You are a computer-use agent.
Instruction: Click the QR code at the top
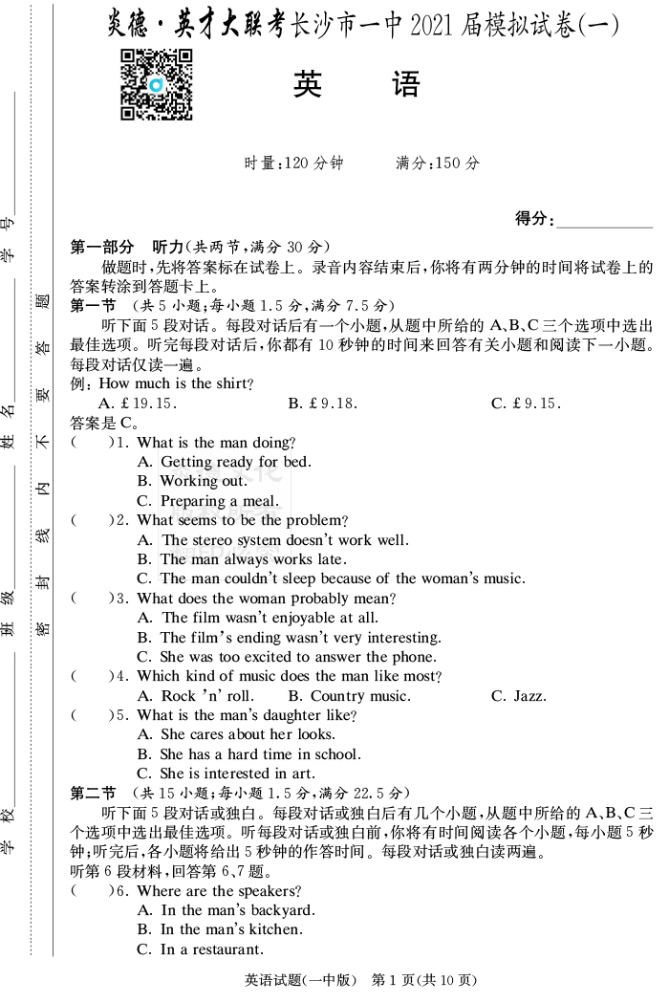(156, 85)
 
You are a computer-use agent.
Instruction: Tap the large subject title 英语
(356, 86)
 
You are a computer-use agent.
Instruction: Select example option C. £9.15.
(526, 403)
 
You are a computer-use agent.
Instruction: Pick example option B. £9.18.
(323, 403)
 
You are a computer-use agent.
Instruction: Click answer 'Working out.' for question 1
(192, 482)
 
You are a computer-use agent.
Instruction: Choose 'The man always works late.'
(242, 559)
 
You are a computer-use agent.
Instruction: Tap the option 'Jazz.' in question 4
(519, 696)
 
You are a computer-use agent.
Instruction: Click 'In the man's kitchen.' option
(220, 929)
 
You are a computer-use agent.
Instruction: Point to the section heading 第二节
(93, 793)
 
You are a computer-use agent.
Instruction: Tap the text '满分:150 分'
(439, 164)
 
